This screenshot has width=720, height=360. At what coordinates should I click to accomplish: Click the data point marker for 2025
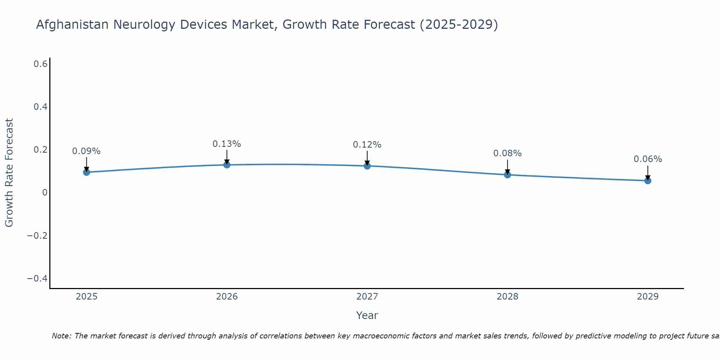coord(86,172)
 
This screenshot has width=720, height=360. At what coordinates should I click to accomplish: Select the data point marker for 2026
coord(227,165)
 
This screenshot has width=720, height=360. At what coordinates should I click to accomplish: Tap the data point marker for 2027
coord(367,166)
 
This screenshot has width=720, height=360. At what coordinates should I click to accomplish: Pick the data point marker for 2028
coord(508,175)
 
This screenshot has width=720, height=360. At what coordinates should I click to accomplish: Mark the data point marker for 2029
coord(648,180)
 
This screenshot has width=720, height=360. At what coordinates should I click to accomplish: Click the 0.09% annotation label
coord(86,151)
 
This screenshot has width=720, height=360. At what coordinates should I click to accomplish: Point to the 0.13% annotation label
coord(227,144)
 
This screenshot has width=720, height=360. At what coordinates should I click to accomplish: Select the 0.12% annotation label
coord(367,145)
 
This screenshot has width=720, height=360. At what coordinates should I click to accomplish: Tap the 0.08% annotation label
coord(508,153)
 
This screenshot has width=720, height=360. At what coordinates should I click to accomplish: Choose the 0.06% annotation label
coord(648,159)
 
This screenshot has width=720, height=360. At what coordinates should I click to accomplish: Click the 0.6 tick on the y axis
coord(41,64)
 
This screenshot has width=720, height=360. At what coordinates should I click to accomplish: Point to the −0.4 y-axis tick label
coord(37,278)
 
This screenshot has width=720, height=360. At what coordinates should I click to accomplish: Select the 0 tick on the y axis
coord(45,193)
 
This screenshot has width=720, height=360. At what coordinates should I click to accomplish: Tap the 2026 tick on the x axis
coord(227,297)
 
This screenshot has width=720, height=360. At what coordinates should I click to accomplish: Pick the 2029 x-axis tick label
coord(648,297)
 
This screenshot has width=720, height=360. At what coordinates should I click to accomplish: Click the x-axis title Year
coord(367,315)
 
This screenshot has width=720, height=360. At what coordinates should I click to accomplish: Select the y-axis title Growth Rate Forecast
coord(9,173)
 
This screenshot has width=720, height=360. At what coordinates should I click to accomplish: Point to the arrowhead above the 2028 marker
coord(508,171)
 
